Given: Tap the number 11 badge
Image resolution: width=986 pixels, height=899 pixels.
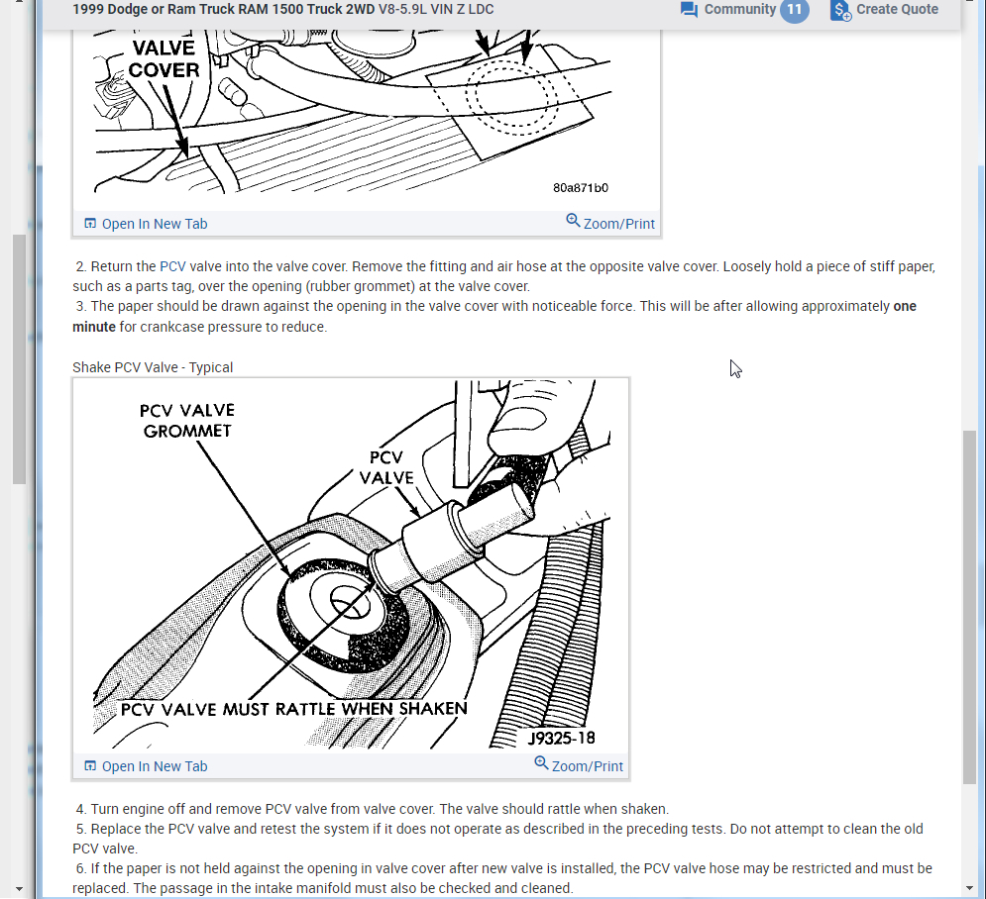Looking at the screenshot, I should (794, 10).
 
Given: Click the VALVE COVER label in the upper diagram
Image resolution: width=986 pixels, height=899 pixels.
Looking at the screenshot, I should (164, 59).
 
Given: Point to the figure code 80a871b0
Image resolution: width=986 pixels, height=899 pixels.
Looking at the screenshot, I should (581, 188).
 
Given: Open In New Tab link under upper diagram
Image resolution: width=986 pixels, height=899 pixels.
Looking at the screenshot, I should (146, 224).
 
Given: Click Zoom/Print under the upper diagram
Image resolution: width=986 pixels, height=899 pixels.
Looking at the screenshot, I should (610, 223).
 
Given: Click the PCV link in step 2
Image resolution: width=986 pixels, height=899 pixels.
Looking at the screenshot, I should (173, 266).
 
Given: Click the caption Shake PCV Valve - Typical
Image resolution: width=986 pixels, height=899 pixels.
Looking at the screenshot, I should (153, 367).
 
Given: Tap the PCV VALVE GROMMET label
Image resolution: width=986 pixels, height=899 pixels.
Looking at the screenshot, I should (187, 421).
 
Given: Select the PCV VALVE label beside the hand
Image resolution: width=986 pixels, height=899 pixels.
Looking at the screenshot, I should (386, 467).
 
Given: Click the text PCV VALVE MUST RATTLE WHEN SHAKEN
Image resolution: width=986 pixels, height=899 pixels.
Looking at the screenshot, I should (293, 709).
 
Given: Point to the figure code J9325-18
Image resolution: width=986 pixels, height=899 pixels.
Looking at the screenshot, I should (561, 739).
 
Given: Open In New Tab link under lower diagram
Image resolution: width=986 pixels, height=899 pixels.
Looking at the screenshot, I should (146, 766).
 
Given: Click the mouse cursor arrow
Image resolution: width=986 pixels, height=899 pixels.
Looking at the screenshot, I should (735, 368).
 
